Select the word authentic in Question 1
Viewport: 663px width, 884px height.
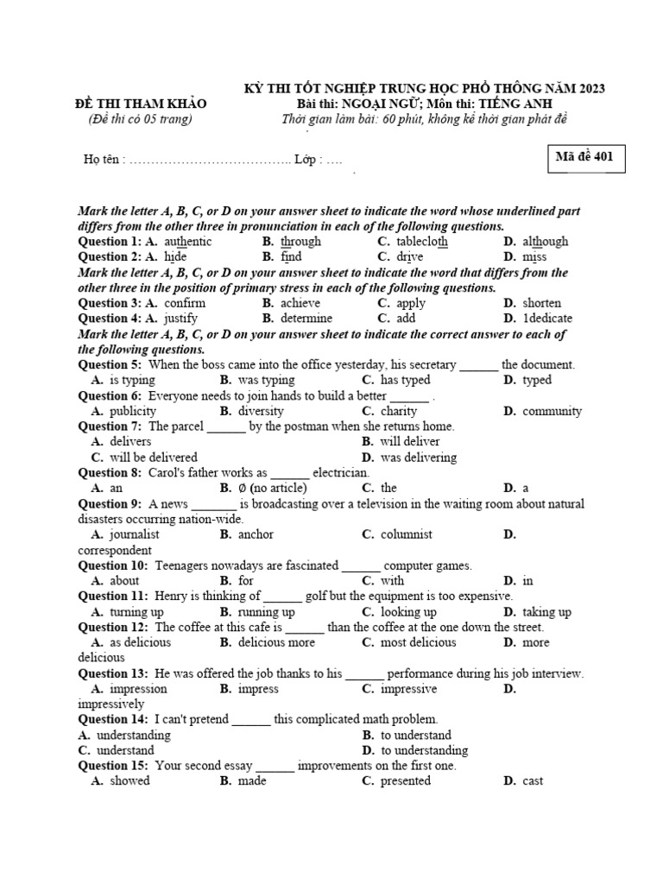pyautogui.click(x=186, y=242)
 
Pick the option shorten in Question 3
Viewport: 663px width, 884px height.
pyautogui.click(x=541, y=303)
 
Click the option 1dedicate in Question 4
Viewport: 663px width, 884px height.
pyautogui.click(x=547, y=319)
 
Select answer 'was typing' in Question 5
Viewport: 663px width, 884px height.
pyautogui.click(x=266, y=380)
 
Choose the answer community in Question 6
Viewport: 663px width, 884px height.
pyautogui.click(x=552, y=411)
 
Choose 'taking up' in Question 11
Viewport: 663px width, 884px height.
pyautogui.click(x=546, y=612)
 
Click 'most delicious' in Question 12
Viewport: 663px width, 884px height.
pyautogui.click(x=419, y=642)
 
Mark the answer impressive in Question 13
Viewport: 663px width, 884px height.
pyautogui.click(x=408, y=689)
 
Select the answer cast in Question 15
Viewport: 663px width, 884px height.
pyautogui.click(x=533, y=781)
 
